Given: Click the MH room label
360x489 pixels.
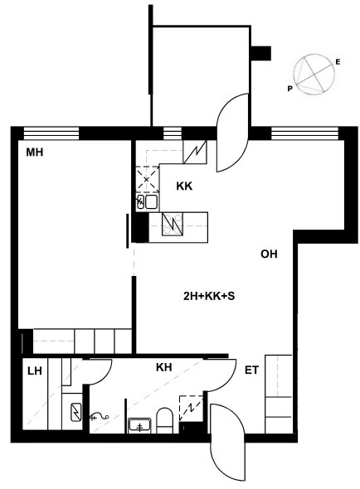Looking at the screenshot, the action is (34, 153).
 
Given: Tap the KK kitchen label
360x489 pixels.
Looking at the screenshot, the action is (184, 186).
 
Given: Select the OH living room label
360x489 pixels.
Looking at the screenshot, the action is (269, 254).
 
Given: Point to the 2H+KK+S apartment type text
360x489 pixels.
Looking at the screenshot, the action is (209, 296).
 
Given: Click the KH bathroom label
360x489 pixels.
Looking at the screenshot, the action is (164, 367).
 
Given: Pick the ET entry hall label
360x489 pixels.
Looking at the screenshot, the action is (251, 370).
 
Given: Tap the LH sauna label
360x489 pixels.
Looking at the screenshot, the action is (35, 371).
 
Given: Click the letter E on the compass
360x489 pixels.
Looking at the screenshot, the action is (338, 62).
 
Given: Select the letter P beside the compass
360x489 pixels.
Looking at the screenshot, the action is (290, 89).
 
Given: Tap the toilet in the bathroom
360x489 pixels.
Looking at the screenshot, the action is (164, 420).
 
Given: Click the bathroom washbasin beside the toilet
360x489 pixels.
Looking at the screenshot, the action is (139, 426).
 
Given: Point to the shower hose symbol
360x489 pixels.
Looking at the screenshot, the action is (100, 416).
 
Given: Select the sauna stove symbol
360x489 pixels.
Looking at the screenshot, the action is (76, 412).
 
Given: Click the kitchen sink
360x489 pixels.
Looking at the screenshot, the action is (148, 201).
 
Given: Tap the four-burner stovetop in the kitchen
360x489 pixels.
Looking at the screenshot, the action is (173, 224).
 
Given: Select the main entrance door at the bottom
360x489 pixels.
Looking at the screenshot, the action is (228, 443).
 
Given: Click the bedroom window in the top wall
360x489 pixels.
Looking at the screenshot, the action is (51, 133).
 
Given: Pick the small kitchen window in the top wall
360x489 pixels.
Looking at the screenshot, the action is (173, 133).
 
